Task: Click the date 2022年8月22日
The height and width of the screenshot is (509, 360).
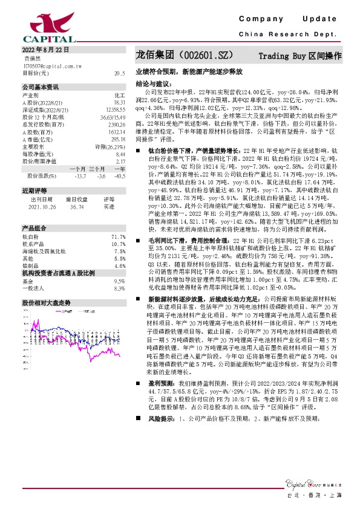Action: (45, 50)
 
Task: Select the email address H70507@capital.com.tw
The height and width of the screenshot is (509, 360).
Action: (48, 65)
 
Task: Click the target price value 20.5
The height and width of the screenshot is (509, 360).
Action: (119, 73)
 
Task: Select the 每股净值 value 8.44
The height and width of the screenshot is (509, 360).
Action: (120, 154)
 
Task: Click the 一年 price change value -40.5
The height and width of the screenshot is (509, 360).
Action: (119, 176)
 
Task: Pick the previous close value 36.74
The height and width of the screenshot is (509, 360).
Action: (76, 206)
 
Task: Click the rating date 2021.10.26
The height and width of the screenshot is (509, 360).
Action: (41, 206)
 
